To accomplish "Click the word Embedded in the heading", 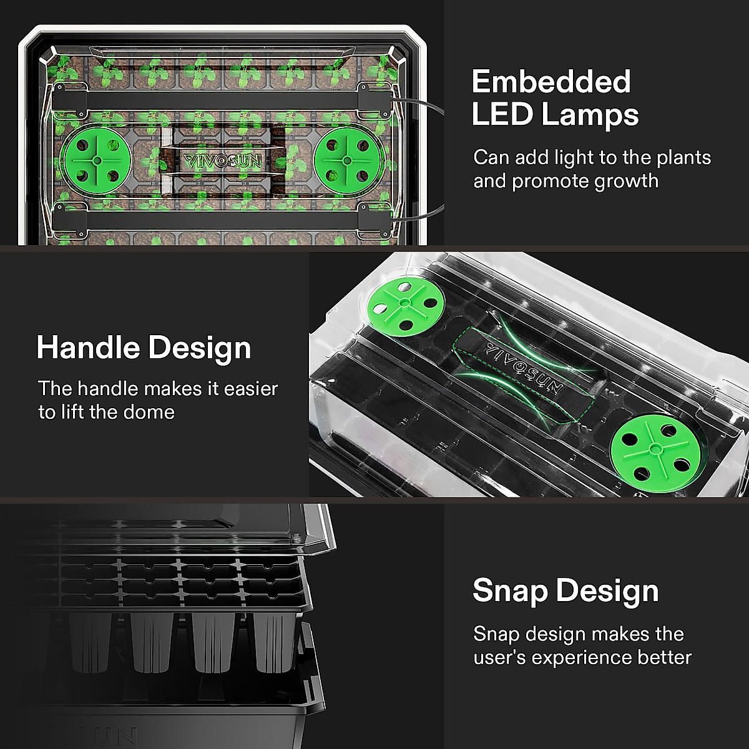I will pyautogui.click(x=551, y=82).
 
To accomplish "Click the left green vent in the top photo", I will pyautogui.click(x=96, y=160).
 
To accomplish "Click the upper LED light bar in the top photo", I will pyautogui.click(x=222, y=99).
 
